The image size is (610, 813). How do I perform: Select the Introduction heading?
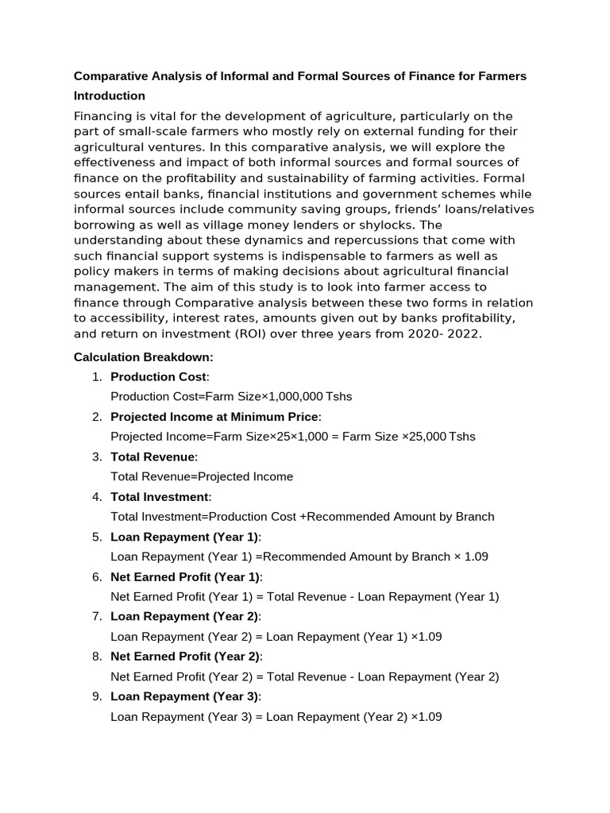click(x=110, y=96)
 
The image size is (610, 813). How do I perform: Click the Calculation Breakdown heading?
click(x=143, y=357)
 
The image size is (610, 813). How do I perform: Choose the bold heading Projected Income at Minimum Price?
click(x=214, y=417)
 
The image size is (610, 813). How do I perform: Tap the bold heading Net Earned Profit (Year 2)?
click(x=185, y=657)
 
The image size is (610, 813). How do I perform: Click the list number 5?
click(x=97, y=537)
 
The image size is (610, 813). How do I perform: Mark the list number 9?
click(x=97, y=696)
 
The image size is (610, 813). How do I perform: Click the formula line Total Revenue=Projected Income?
click(x=202, y=476)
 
